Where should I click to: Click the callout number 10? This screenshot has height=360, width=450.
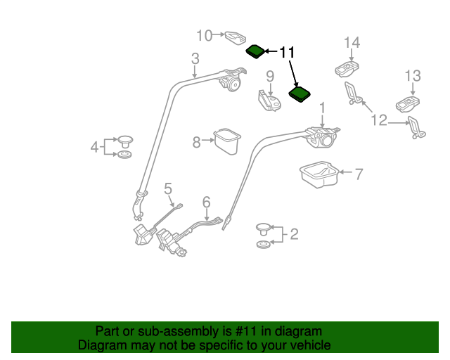point(204,35)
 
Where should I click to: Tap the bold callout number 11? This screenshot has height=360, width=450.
point(288,53)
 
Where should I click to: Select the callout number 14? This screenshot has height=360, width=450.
point(352,43)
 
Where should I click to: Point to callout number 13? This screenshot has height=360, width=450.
point(413,76)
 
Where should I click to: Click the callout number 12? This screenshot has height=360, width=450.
point(379,121)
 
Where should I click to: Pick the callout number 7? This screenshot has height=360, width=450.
point(359,174)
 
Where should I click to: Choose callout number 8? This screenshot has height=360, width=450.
point(197,142)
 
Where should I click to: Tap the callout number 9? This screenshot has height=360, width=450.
point(269,76)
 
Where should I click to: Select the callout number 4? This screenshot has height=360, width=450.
point(94,147)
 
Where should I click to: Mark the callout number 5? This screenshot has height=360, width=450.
point(168,188)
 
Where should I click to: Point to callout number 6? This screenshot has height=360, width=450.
point(206,202)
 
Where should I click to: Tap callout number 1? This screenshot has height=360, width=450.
point(323,108)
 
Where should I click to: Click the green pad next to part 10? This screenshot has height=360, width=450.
point(255,51)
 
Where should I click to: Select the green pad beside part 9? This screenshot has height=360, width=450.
point(301,94)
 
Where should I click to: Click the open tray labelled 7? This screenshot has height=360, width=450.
point(318,176)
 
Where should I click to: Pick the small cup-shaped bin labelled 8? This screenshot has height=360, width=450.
point(227,140)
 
